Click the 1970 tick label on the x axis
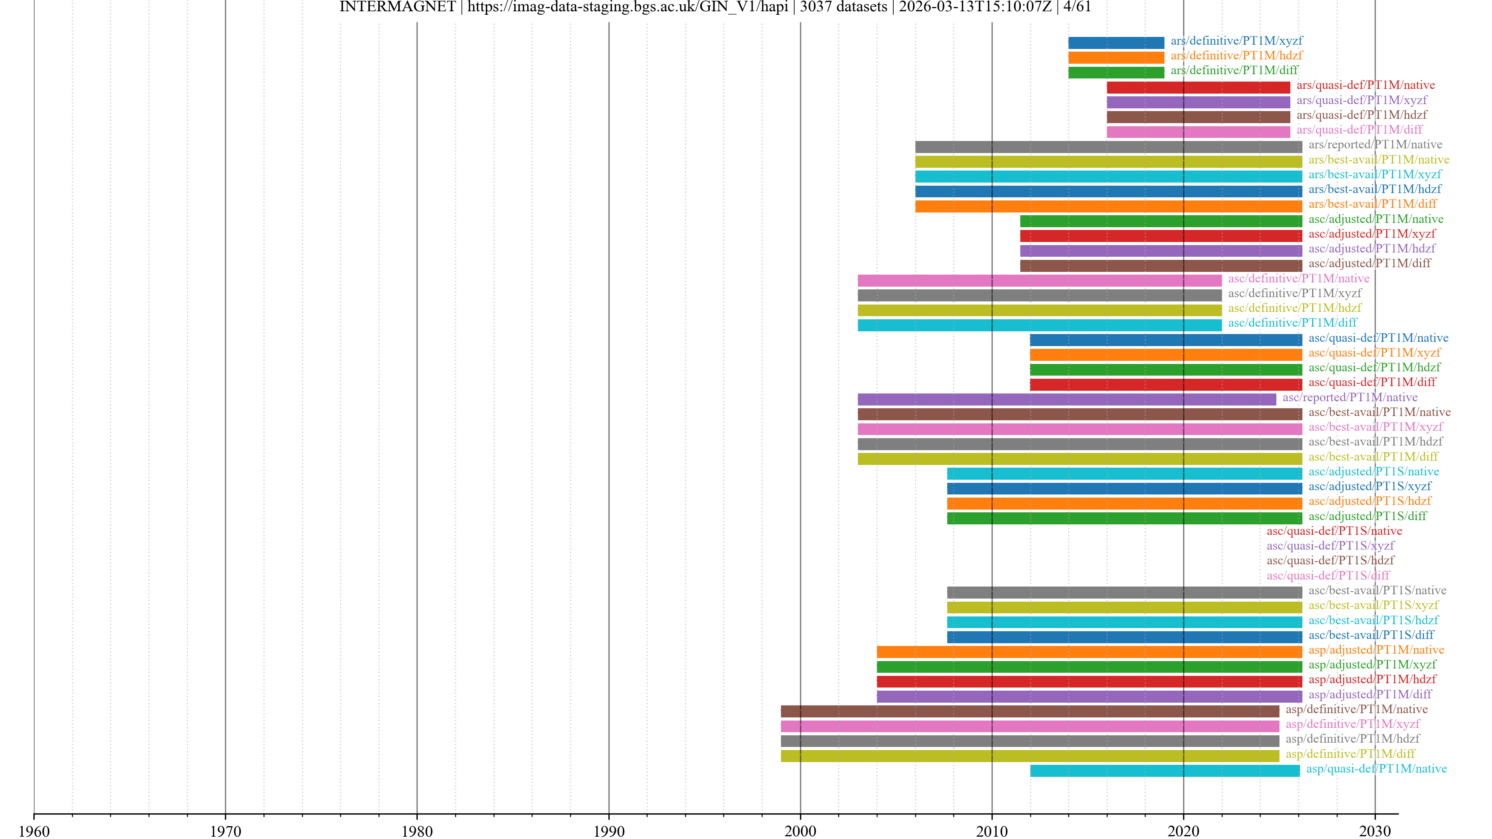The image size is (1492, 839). tap(225, 831)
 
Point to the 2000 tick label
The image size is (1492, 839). tap(800, 831)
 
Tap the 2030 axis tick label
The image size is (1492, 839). tap(1374, 831)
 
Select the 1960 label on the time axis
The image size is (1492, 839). tap(34, 831)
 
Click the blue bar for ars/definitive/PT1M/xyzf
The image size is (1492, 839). tap(1116, 43)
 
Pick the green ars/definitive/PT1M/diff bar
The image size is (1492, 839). tap(1116, 72)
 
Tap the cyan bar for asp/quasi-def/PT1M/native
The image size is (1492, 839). tap(1164, 771)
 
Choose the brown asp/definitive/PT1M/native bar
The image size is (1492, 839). tap(1030, 712)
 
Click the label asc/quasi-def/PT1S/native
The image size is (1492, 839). tap(1334, 531)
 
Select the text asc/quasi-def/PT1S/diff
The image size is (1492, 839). tap(1328, 576)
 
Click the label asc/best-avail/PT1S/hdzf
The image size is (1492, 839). tap(1373, 620)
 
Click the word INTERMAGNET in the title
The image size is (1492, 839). tap(397, 7)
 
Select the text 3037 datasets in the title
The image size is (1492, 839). tap(843, 7)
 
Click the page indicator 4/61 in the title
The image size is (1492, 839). tap(1077, 7)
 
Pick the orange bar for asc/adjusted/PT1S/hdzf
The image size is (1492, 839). tap(1124, 503)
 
